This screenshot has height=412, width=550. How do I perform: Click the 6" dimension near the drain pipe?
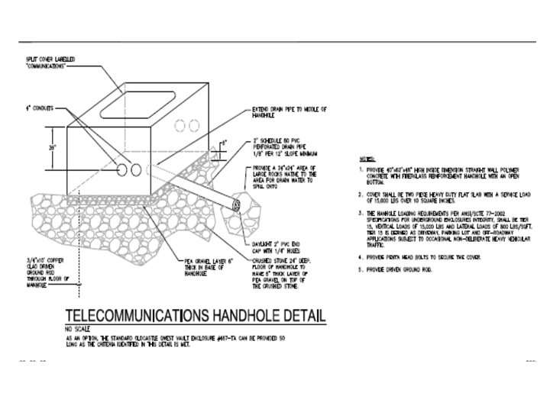223,142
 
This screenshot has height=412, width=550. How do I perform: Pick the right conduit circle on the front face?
137,167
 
